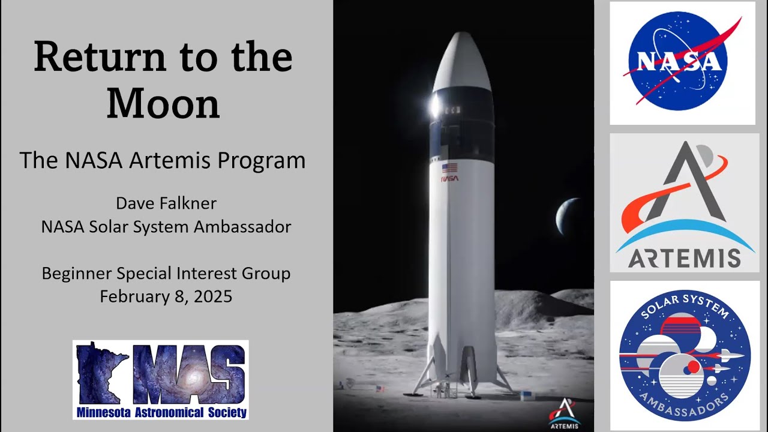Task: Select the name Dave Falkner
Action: (166, 203)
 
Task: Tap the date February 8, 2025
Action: (166, 296)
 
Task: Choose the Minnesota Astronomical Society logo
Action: (161, 379)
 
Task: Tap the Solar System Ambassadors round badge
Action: (685, 356)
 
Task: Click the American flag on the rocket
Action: (449, 168)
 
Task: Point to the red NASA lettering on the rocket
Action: (449, 178)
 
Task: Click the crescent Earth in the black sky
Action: (567, 217)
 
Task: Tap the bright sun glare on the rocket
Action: (436, 106)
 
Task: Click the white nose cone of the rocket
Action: (462, 60)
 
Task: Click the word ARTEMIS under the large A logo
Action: (685, 258)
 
